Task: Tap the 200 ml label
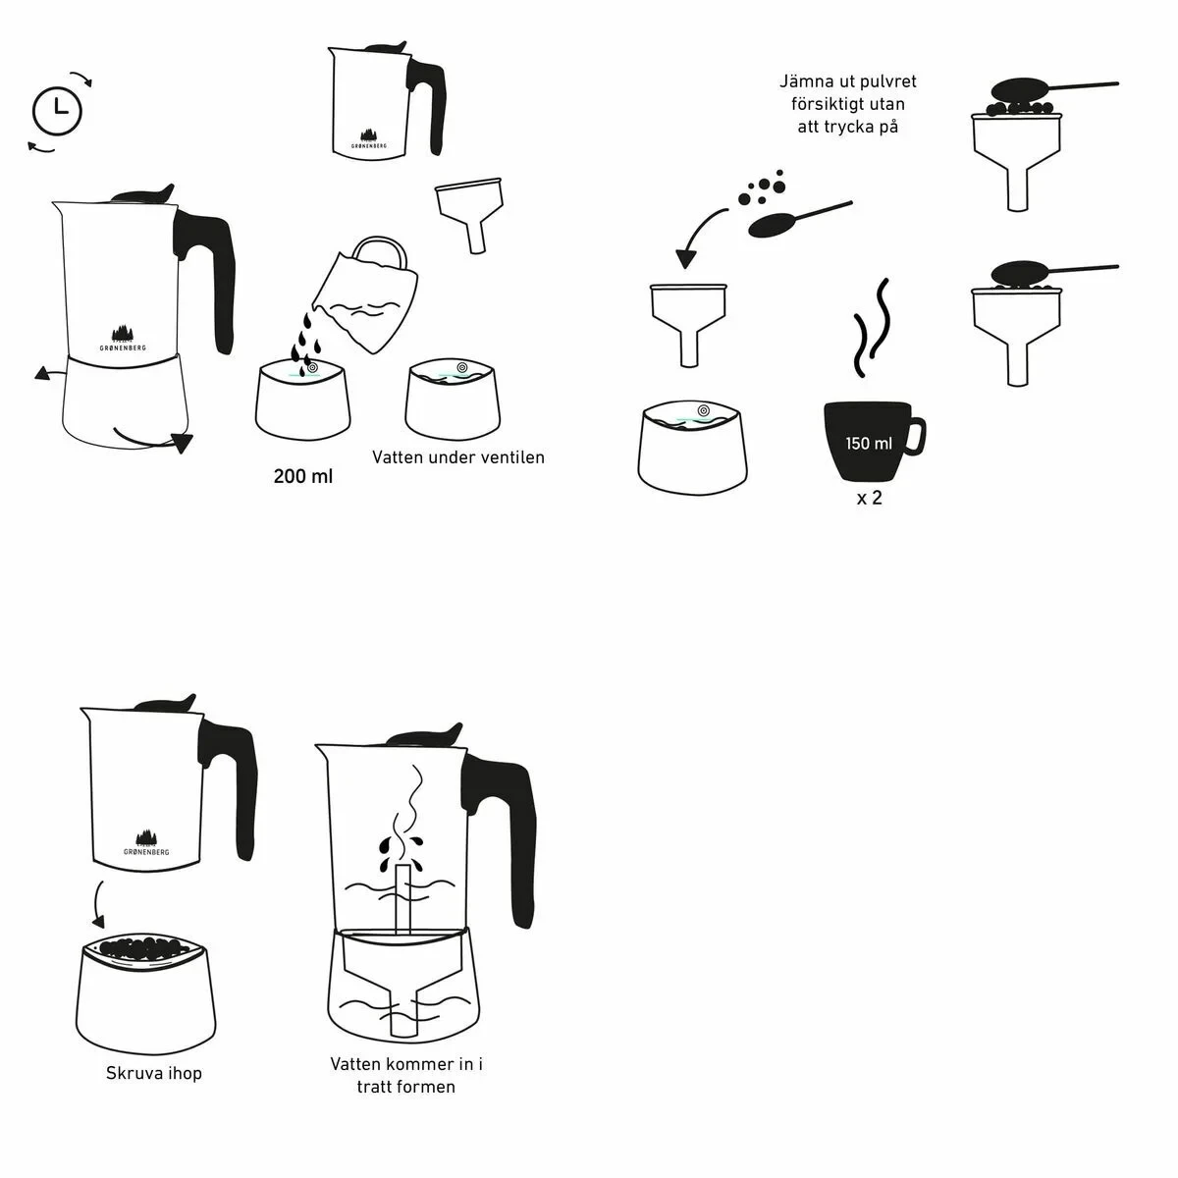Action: (x=303, y=477)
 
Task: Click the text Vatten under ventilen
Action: (x=457, y=457)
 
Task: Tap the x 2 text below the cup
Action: (x=869, y=498)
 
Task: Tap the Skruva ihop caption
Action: (x=154, y=1074)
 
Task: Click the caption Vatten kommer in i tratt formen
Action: (x=405, y=1075)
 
